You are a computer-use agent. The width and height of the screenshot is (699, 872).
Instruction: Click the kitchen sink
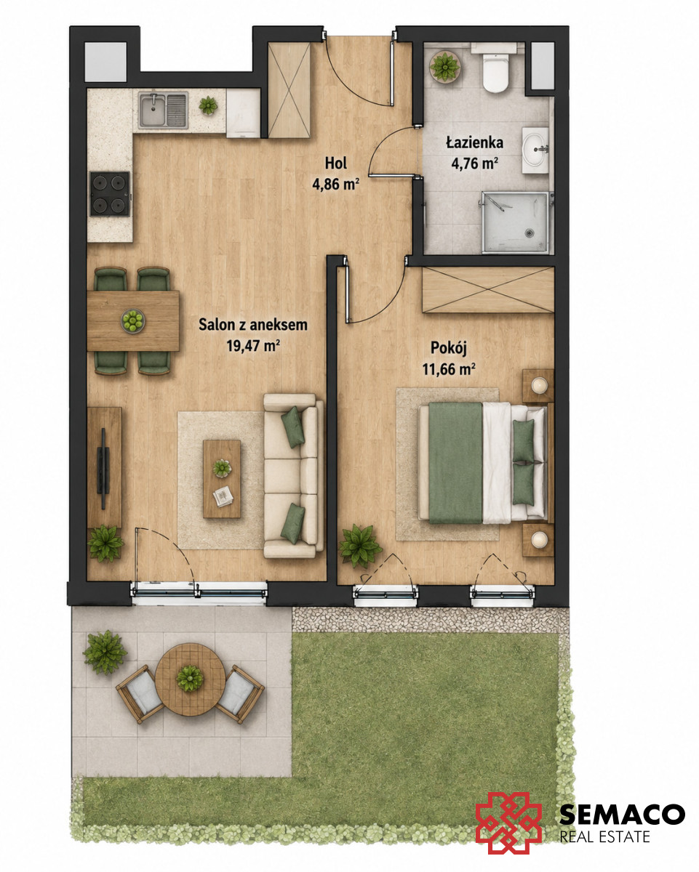click(x=163, y=110)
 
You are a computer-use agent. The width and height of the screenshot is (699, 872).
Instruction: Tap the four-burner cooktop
click(x=110, y=194)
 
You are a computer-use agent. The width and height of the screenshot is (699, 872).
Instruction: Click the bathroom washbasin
click(x=535, y=150)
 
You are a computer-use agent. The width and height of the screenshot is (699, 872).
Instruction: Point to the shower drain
click(x=529, y=233)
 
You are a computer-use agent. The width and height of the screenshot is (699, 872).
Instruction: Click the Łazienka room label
click(x=475, y=142)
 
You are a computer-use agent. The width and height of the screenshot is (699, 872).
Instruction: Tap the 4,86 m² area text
click(x=335, y=185)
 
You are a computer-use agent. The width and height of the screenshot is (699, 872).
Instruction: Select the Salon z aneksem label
click(x=252, y=325)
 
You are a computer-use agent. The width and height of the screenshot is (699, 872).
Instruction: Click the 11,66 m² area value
click(x=449, y=369)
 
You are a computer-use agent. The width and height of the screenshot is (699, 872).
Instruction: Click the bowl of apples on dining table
click(x=132, y=321)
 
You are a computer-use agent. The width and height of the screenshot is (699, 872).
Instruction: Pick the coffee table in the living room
click(x=222, y=479)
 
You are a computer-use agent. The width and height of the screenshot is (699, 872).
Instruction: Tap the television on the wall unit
click(x=104, y=468)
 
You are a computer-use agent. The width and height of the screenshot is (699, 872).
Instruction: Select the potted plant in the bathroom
click(x=444, y=66)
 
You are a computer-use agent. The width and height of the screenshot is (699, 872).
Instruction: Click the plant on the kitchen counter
click(x=208, y=105)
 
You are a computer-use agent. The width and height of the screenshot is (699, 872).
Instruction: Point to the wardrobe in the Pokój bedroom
click(x=488, y=290)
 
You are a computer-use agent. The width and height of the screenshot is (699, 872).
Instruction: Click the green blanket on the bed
click(x=455, y=462)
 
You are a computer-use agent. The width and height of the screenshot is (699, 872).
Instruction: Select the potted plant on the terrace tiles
click(x=105, y=652)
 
